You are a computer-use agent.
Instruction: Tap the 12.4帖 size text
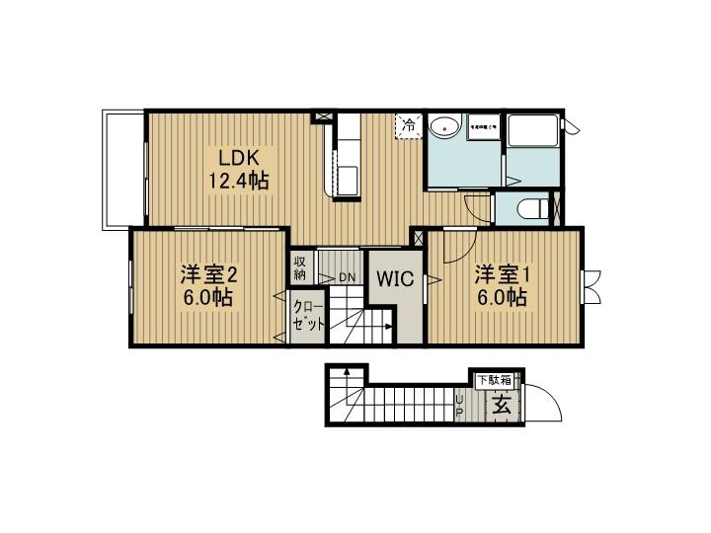pyautogui.click(x=238, y=182)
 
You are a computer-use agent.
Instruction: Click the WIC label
pyautogui.click(x=394, y=277)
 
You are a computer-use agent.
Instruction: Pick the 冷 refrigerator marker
pyautogui.click(x=408, y=125)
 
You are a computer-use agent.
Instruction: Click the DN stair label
pyautogui.click(x=347, y=277)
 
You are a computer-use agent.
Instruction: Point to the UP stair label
pyautogui.click(x=459, y=404)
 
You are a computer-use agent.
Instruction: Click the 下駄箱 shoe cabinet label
pyautogui.click(x=496, y=379)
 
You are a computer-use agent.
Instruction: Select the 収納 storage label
pyautogui.click(x=300, y=268)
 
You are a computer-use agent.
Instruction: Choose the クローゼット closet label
pyautogui.click(x=305, y=316)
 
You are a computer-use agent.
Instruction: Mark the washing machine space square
pyautogui.click(x=484, y=127)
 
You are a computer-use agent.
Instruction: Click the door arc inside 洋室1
pyautogui.click(x=456, y=247)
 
